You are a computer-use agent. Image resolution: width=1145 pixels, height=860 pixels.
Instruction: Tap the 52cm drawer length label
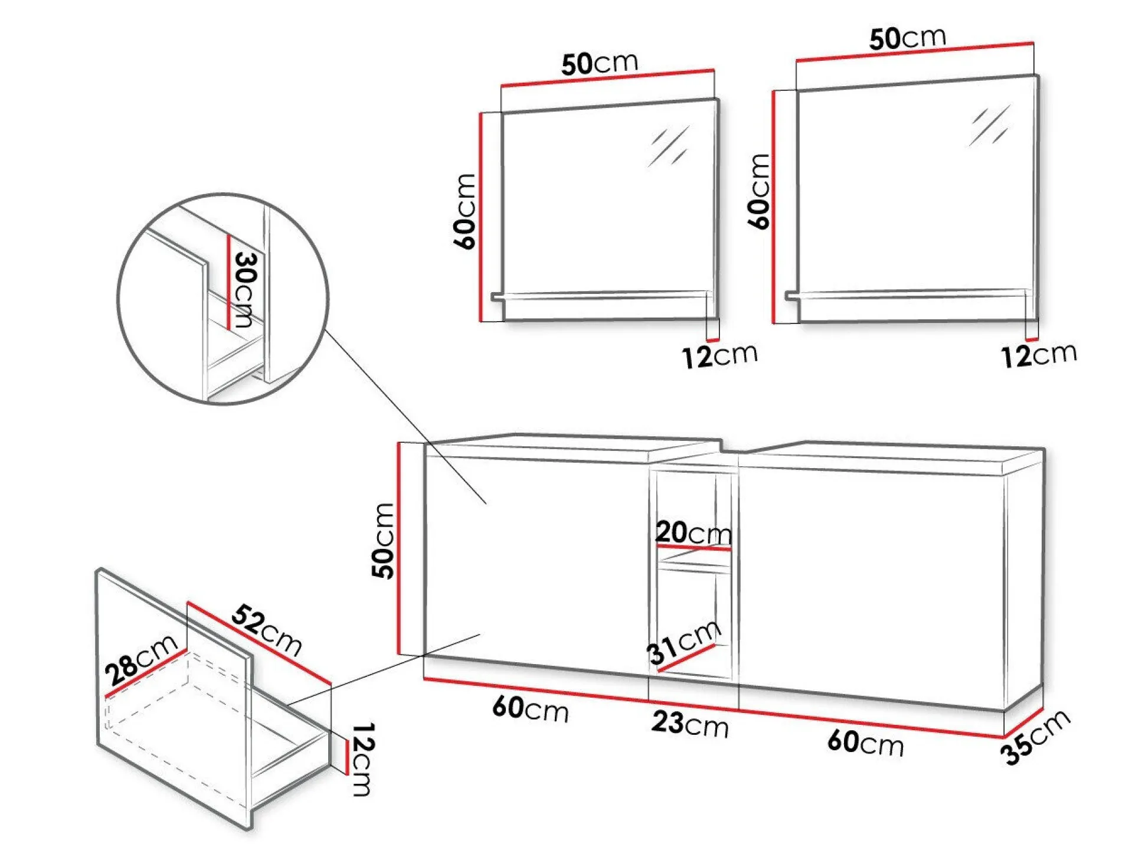point(267,629)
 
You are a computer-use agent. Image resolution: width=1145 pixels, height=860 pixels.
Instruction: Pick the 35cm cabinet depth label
point(1035,737)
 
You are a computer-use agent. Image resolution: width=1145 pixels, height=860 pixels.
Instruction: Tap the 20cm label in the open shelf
point(693,532)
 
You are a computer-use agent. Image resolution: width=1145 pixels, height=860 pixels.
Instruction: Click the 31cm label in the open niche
point(683,642)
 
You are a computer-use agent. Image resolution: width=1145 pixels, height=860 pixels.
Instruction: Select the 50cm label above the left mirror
point(600,63)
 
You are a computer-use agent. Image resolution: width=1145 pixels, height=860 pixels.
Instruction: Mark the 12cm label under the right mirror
point(1039,355)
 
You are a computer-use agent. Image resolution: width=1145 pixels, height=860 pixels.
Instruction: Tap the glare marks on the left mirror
point(669,146)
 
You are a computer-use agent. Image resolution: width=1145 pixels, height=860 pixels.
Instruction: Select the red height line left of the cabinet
point(399,548)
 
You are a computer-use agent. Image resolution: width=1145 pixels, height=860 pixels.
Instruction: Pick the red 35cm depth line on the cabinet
point(1023,722)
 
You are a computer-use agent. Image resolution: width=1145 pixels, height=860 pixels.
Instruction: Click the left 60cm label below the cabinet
point(530,708)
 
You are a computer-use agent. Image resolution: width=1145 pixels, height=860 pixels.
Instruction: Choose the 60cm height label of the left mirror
point(464,211)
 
